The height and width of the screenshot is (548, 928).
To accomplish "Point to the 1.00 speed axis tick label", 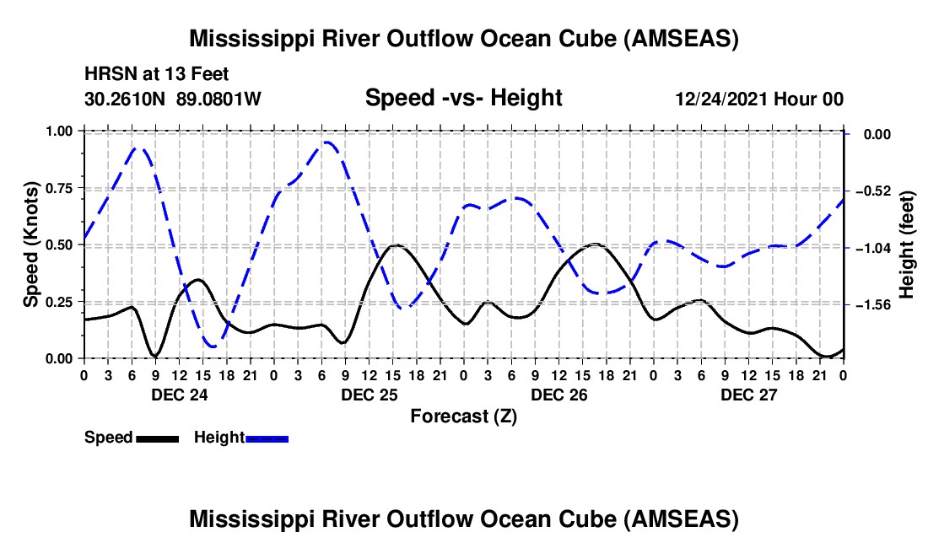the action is (x=59, y=131).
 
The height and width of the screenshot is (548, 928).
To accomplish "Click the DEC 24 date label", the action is (x=180, y=395).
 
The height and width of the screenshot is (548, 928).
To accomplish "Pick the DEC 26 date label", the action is (x=559, y=395).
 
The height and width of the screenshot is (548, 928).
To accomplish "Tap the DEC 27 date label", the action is (x=748, y=395).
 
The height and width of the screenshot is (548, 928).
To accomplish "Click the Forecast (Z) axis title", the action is (x=464, y=416).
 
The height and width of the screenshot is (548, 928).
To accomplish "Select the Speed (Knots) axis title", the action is (x=30, y=244).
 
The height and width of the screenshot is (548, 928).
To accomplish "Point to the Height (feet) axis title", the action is (x=907, y=244).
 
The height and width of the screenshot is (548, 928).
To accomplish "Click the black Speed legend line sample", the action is (x=158, y=438).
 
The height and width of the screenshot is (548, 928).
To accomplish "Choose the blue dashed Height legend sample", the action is (x=267, y=438).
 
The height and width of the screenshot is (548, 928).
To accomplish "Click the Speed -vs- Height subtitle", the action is (x=464, y=98).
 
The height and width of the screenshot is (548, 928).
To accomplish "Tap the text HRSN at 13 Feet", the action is (x=156, y=74).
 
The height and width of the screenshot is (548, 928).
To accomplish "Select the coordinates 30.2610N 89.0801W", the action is (x=173, y=99).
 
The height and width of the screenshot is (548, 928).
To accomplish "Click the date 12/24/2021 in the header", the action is (x=722, y=99).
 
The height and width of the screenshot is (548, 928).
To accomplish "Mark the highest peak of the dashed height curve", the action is (x=326, y=142).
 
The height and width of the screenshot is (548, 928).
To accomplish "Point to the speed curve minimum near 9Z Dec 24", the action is (x=155, y=356).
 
